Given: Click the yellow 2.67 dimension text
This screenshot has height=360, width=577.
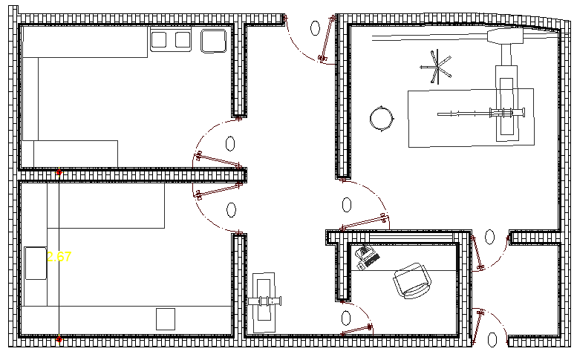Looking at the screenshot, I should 59,258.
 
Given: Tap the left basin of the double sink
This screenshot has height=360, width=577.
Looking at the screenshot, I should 160,39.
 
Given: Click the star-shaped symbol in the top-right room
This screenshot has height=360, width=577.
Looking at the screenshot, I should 437,68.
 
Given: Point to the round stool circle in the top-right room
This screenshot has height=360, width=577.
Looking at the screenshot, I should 382,118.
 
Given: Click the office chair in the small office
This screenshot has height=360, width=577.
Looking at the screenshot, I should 411,280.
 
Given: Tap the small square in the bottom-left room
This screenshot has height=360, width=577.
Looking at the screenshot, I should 166,319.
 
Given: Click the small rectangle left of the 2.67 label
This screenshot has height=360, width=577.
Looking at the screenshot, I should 36,263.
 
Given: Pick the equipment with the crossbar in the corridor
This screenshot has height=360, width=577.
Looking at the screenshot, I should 265,301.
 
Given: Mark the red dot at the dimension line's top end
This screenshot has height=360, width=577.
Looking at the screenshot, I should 59,172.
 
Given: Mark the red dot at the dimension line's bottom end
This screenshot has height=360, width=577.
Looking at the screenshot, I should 59,339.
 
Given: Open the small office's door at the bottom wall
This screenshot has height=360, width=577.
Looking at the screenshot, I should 356,331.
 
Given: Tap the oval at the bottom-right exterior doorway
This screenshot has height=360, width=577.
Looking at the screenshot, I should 491,338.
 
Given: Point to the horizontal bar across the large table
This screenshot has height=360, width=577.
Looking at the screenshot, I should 483,114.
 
